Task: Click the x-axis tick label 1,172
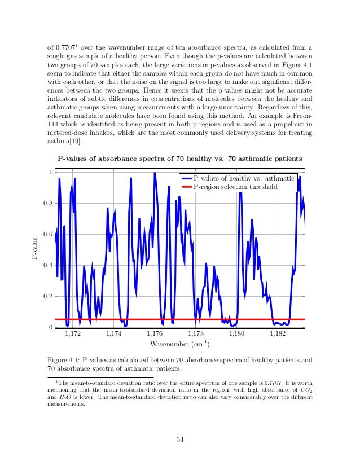point(73,335)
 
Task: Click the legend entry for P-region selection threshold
point(236,187)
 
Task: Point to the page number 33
point(180,440)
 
